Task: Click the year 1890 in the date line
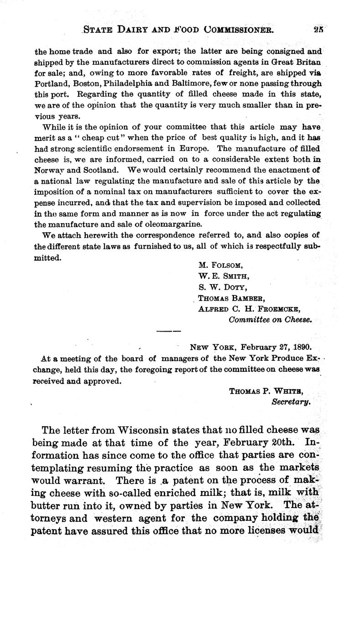point(303,346)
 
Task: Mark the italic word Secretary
point(291,402)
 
